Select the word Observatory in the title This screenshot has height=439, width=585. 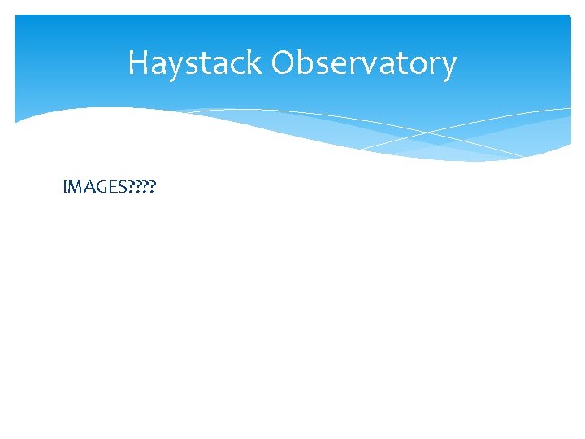tap(363, 63)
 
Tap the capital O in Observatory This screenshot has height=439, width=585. tap(283, 63)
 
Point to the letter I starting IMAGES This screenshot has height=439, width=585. tap(64, 188)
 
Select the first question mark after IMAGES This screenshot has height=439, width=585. tap(128, 188)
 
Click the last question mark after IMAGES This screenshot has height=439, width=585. tap(153, 188)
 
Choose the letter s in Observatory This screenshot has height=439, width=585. tap(323, 65)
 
